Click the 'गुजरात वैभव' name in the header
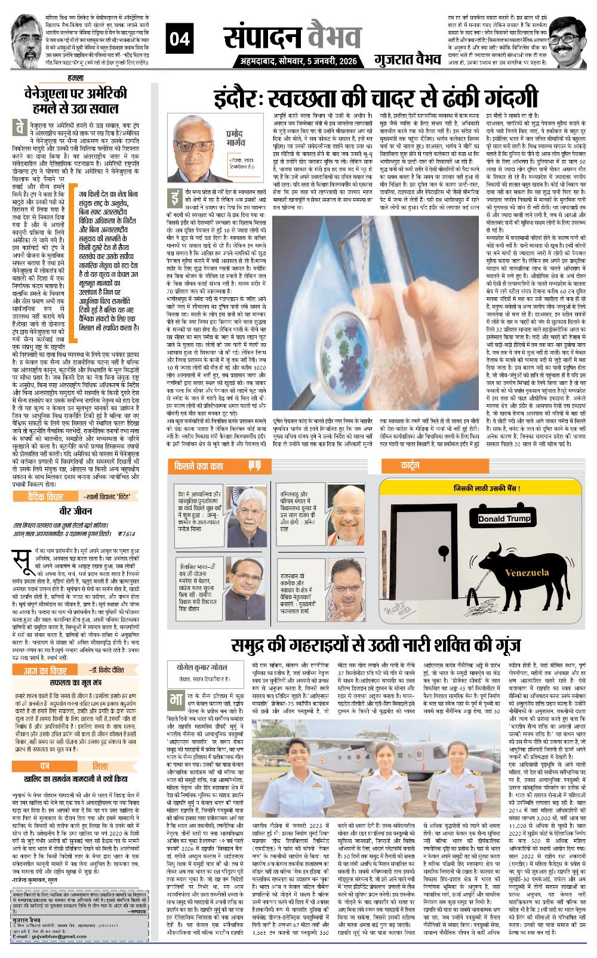tap(403, 61)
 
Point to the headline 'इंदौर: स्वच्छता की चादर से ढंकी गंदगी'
tap(378, 98)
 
